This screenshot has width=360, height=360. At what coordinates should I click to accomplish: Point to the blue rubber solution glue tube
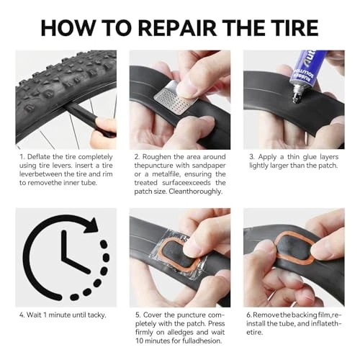(x=304, y=70)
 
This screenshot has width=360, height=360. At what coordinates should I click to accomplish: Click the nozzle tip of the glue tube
(x=294, y=99)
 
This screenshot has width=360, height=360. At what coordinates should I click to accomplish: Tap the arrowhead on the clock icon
(x=92, y=225)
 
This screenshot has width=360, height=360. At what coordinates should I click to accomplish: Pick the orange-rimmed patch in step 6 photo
(x=294, y=248)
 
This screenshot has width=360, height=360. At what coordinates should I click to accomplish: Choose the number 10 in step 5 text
(x=140, y=341)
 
